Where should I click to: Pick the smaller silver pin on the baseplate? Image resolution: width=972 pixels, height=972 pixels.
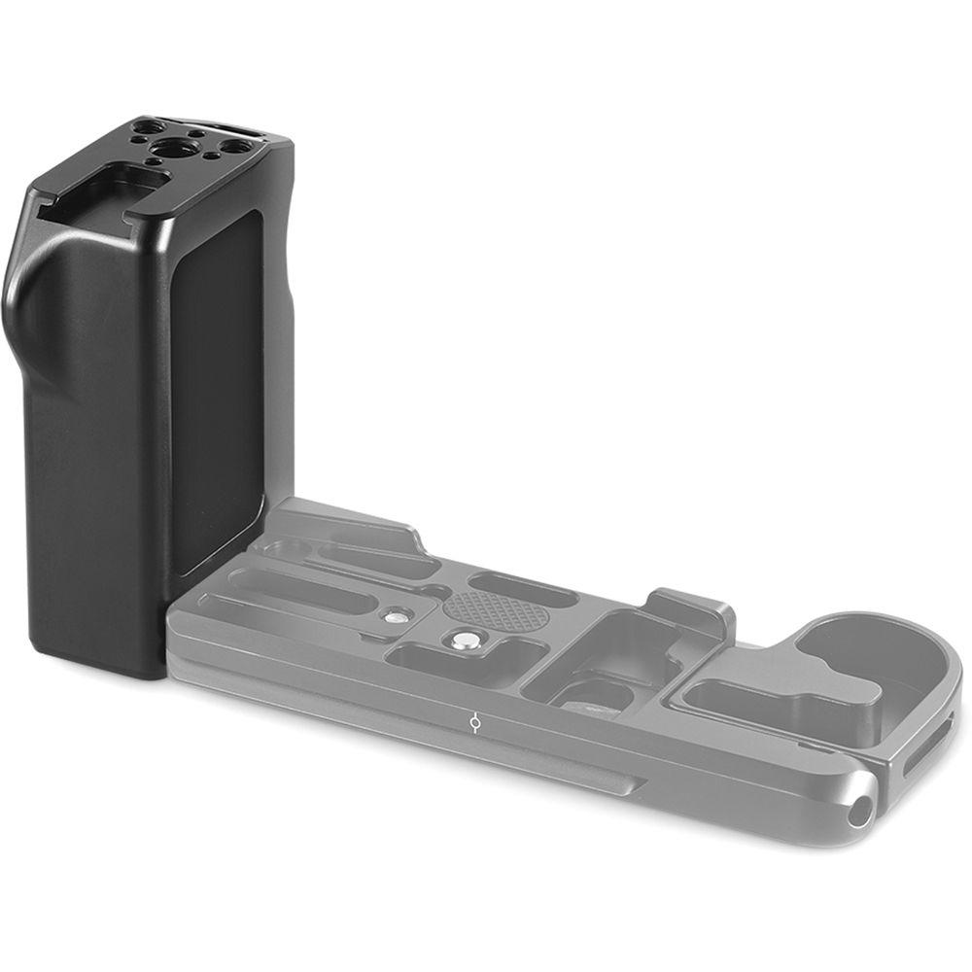[396, 614]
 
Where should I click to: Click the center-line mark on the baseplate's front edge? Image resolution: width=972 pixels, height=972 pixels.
[472, 723]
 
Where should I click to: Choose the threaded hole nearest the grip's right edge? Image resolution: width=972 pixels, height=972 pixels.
[235, 147]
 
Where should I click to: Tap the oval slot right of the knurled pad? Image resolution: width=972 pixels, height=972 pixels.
[529, 589]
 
